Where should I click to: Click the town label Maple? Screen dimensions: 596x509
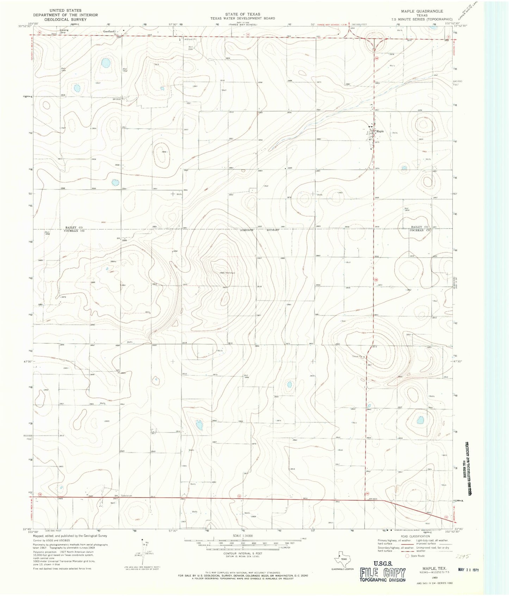click(x=380, y=131)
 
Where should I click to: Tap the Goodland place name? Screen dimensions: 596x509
click(x=108, y=31)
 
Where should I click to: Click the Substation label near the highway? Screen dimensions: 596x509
click(x=126, y=496)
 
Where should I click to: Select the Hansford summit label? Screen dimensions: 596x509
click(x=228, y=273)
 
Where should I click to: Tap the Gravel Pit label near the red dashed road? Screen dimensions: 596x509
click(x=357, y=356)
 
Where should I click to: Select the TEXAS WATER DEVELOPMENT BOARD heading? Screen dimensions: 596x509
click(x=243, y=18)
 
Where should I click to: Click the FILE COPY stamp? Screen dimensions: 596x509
click(x=383, y=573)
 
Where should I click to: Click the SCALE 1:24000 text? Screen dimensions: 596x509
click(x=243, y=535)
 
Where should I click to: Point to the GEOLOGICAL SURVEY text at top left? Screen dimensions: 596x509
click(x=66, y=19)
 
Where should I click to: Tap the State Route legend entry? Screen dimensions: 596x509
click(x=416, y=556)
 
